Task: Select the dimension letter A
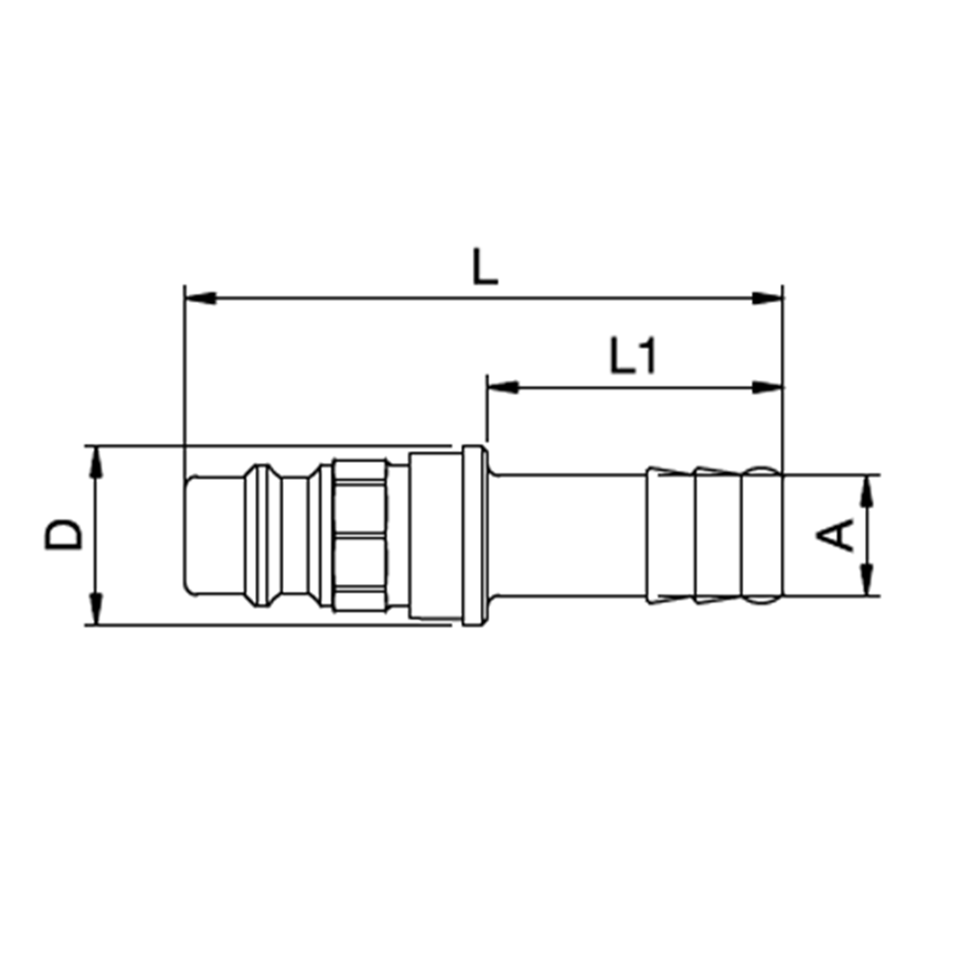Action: [x=840, y=534]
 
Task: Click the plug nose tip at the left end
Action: [x=212, y=534]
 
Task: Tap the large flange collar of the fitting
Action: [x=471, y=535]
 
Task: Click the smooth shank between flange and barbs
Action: [x=568, y=535]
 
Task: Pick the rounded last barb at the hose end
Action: [x=763, y=535]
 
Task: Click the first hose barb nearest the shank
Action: [x=670, y=535]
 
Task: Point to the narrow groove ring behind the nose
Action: [x=257, y=535]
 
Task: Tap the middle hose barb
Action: [x=717, y=535]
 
